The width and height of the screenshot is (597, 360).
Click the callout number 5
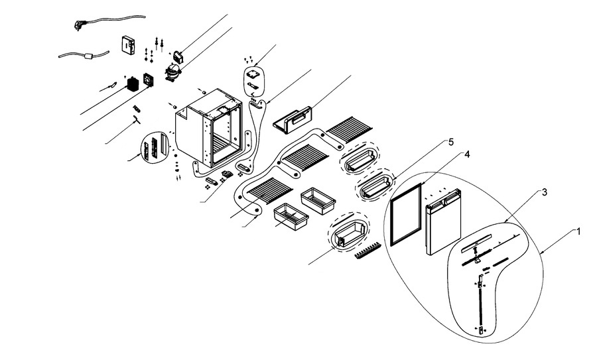tap(450, 142)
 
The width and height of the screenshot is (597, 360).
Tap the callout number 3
tap(543, 192)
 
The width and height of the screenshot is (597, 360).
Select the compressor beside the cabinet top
tap(172, 70)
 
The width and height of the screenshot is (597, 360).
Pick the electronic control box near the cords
tap(127, 45)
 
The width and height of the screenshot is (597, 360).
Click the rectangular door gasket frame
tap(405, 213)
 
